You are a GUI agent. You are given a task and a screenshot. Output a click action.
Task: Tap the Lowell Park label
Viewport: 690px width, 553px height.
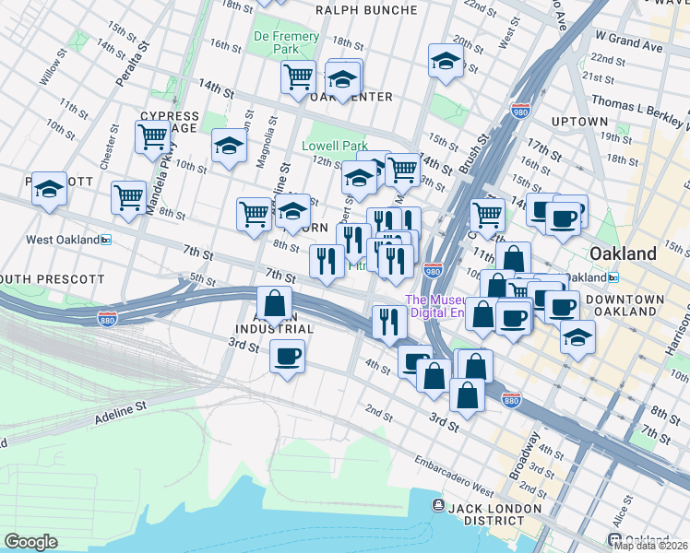[335, 146]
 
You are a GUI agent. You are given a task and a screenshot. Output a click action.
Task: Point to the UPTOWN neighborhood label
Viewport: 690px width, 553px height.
[578, 122]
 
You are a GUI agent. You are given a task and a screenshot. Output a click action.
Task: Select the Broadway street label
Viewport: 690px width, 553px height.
[527, 457]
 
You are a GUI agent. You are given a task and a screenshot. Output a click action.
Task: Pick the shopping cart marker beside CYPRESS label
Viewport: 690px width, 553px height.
[152, 136]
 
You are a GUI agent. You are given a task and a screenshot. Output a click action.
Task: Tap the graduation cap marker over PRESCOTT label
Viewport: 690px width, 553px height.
[49, 189]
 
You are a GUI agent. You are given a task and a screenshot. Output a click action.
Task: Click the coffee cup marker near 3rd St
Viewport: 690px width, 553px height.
[287, 355]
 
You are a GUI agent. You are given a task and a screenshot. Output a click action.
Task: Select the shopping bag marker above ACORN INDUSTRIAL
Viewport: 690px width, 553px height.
[275, 301]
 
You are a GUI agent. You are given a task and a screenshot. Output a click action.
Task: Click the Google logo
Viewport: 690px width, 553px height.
[30, 542]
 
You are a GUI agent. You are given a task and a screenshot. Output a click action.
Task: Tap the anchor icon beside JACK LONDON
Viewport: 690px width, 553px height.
[438, 506]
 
